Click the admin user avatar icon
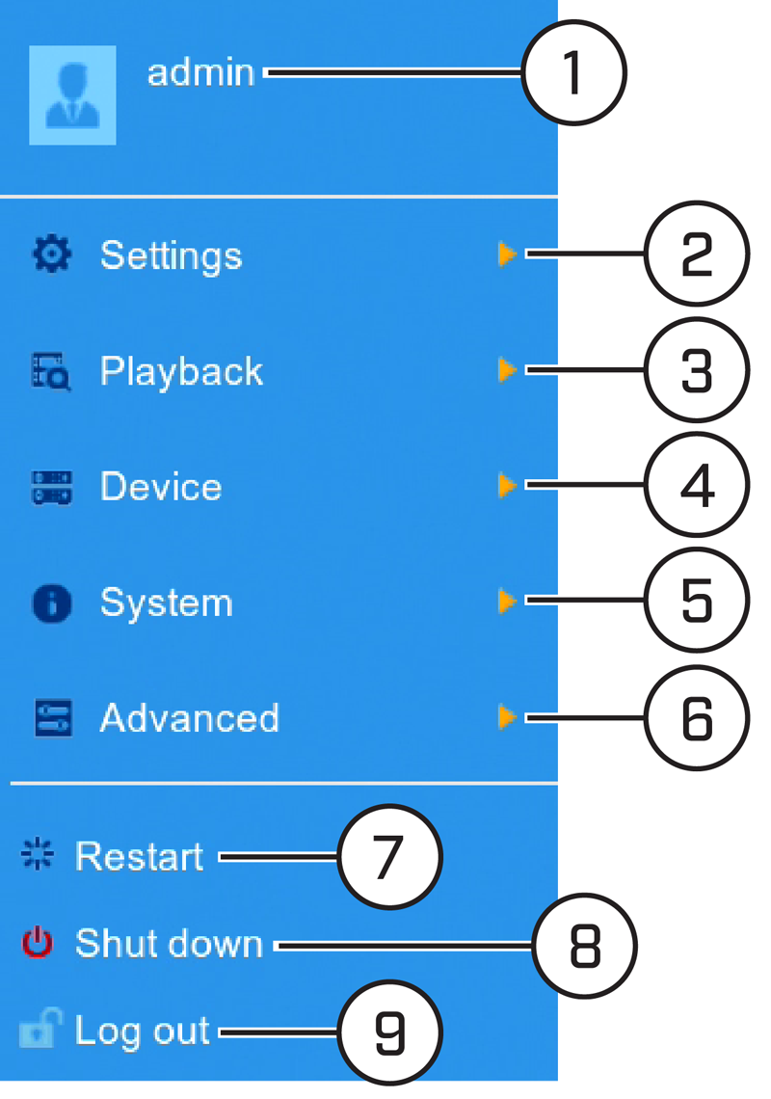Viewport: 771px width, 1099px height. (x=72, y=95)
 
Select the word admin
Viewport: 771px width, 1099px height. (x=200, y=73)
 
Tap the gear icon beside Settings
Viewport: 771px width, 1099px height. (x=52, y=254)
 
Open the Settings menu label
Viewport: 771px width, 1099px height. (x=171, y=255)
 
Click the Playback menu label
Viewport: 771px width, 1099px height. (x=181, y=371)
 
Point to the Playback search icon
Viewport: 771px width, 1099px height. (x=52, y=371)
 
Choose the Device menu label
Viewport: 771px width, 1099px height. (x=161, y=487)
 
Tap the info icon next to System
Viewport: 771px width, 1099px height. (x=52, y=603)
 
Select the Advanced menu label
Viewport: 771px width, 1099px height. (x=189, y=717)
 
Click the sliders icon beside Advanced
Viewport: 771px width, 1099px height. (x=53, y=717)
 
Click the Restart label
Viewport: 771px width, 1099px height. (x=140, y=856)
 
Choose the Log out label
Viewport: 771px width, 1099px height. (x=143, y=1032)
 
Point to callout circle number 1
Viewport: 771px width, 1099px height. (x=574, y=72)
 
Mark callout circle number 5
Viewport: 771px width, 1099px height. (x=697, y=601)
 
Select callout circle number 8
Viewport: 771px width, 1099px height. (x=585, y=946)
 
